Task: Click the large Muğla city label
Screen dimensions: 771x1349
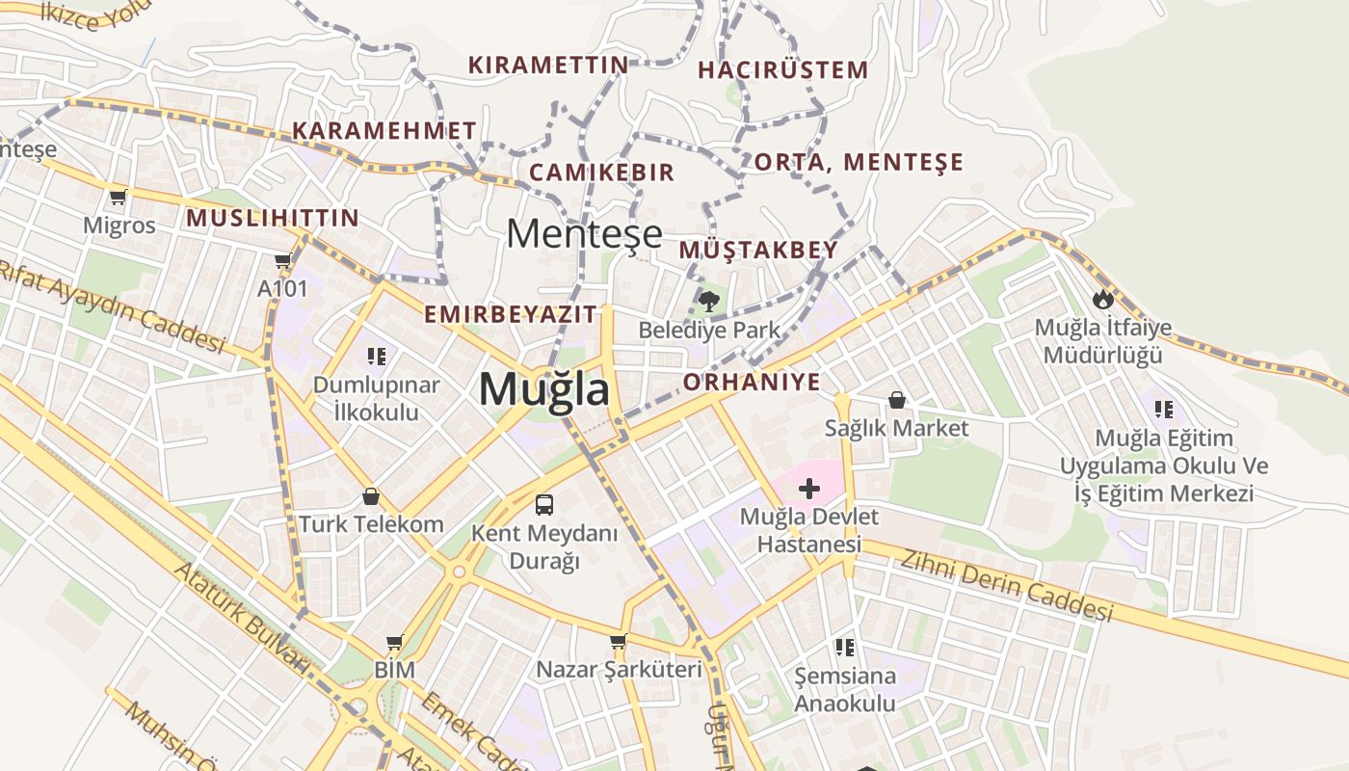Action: (544, 389)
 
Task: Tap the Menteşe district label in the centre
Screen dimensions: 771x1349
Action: (585, 233)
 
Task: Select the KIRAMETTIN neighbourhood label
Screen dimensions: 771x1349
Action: (548, 65)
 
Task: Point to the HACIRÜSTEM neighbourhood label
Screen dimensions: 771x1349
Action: (782, 69)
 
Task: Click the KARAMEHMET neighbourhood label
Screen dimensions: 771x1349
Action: (384, 130)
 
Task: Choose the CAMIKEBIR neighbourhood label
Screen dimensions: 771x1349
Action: (601, 173)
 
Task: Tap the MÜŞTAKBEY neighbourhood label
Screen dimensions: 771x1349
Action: (758, 250)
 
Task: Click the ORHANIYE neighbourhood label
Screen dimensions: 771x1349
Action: (752, 382)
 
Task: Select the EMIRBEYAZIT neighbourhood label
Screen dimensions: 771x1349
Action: (511, 314)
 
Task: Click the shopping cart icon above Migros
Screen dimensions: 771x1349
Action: (119, 198)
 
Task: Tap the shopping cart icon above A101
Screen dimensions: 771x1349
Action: (282, 260)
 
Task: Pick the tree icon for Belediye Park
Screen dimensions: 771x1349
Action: (709, 300)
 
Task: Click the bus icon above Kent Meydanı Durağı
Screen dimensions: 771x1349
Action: (544, 504)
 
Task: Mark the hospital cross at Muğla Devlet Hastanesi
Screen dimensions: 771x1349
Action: (809, 489)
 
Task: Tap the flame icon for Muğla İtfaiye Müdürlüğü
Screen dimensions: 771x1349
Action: (1103, 299)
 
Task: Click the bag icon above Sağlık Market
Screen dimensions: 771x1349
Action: (897, 399)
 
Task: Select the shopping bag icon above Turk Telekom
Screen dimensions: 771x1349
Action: (371, 497)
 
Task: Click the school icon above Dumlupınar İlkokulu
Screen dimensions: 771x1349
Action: (376, 357)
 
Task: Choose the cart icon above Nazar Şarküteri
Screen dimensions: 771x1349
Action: (619, 641)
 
